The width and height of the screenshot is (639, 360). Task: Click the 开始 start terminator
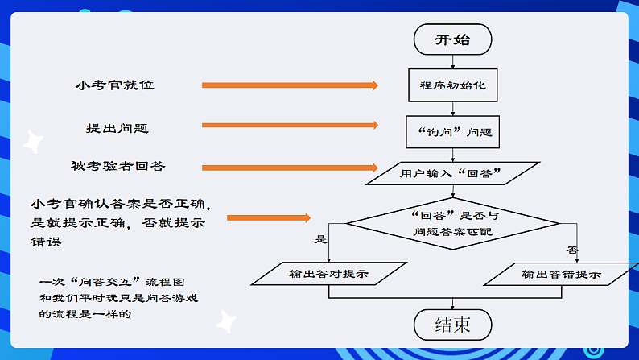point(452,39)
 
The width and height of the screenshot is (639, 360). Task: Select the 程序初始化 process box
point(452,84)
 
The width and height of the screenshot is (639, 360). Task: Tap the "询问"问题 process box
point(452,130)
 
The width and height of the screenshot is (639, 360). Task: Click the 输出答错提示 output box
point(561,274)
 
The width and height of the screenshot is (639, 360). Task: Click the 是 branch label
point(321,239)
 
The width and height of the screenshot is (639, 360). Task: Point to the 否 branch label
point(573,250)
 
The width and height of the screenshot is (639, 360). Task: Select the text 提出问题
point(117,128)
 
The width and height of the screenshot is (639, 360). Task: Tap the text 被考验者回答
point(117,167)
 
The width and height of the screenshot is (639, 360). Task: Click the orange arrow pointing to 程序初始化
point(290,85)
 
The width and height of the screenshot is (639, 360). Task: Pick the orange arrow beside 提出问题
point(290,125)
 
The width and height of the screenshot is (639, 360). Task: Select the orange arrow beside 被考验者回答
point(290,168)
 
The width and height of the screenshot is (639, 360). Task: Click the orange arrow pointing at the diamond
point(269,217)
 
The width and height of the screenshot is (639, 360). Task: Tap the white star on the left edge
point(32,142)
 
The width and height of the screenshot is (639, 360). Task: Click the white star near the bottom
point(225,321)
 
